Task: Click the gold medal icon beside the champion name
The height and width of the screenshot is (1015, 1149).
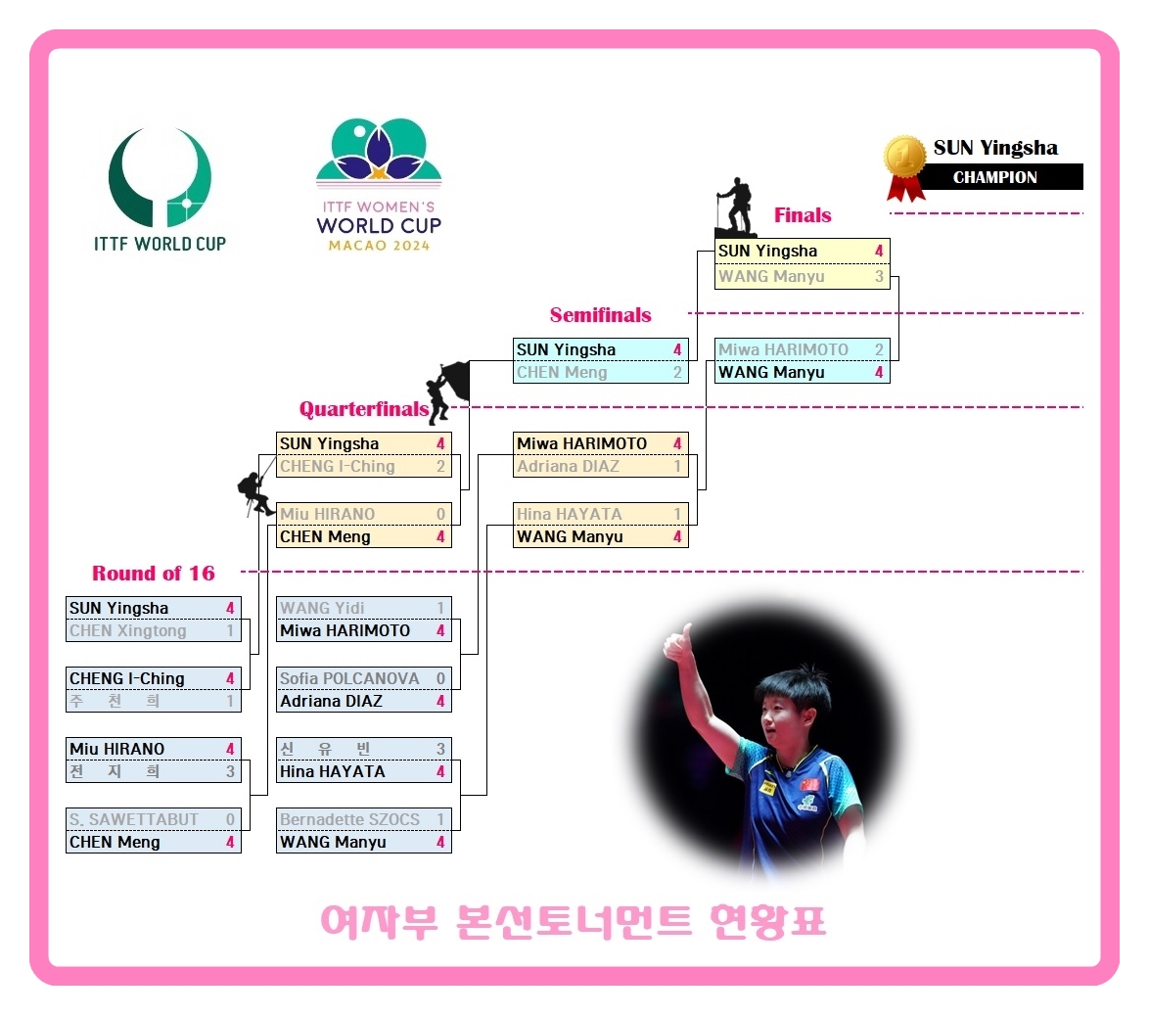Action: coord(905,160)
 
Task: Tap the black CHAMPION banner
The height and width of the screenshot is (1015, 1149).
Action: coord(995,177)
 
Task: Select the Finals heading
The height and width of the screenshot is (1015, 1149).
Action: coord(803,215)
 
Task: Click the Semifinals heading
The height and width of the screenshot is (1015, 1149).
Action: coord(600,315)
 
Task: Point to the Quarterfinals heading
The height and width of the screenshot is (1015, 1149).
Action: coord(363,409)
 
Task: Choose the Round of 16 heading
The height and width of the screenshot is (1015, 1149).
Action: coord(154,574)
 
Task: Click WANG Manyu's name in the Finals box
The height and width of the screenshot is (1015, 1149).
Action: coord(771,277)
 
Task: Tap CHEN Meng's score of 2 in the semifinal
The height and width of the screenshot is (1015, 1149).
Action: coord(677,373)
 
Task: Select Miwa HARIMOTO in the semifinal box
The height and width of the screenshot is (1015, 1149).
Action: coord(783,350)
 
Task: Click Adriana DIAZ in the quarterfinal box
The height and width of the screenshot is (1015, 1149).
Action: coord(568,467)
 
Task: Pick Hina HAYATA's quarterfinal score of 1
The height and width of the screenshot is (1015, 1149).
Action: coord(677,514)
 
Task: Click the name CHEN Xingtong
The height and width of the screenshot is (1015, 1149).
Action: coord(127,631)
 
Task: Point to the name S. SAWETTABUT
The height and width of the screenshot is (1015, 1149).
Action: coord(134,819)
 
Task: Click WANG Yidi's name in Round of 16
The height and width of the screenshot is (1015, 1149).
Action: coord(322,608)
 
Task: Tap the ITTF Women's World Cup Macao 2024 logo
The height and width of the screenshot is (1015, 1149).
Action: coord(379,185)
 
